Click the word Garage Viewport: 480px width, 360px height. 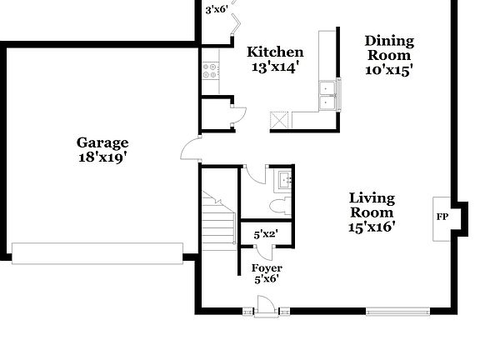coord(102,142)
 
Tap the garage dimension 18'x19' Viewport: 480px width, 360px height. coord(102,157)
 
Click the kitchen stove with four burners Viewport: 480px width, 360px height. coord(208,71)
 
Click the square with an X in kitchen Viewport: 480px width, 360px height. coord(279,121)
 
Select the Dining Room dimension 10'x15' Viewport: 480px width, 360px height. coord(388,70)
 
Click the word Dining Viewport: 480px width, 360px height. coord(388,39)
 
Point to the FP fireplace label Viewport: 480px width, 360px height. coord(442,217)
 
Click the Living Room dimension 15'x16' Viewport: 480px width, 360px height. coord(372,225)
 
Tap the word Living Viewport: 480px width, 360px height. coord(372,198)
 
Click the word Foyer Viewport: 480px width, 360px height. coord(266,267)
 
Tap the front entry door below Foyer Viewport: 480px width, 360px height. coord(266,311)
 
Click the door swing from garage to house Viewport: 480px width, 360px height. coord(190,151)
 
